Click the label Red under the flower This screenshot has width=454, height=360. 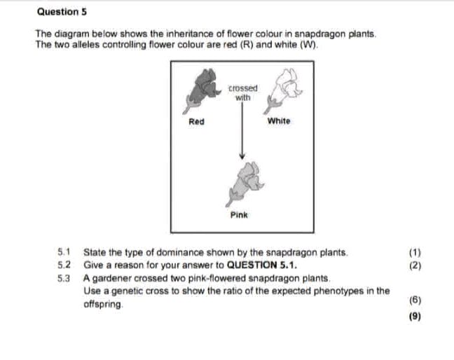pos(196,121)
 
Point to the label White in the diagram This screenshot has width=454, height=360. pos(278,121)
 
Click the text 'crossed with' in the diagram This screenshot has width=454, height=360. pos(243,93)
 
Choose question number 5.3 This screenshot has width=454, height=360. pos(65,279)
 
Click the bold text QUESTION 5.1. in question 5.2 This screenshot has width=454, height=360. pos(263,265)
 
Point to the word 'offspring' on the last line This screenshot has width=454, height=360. pos(103,305)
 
